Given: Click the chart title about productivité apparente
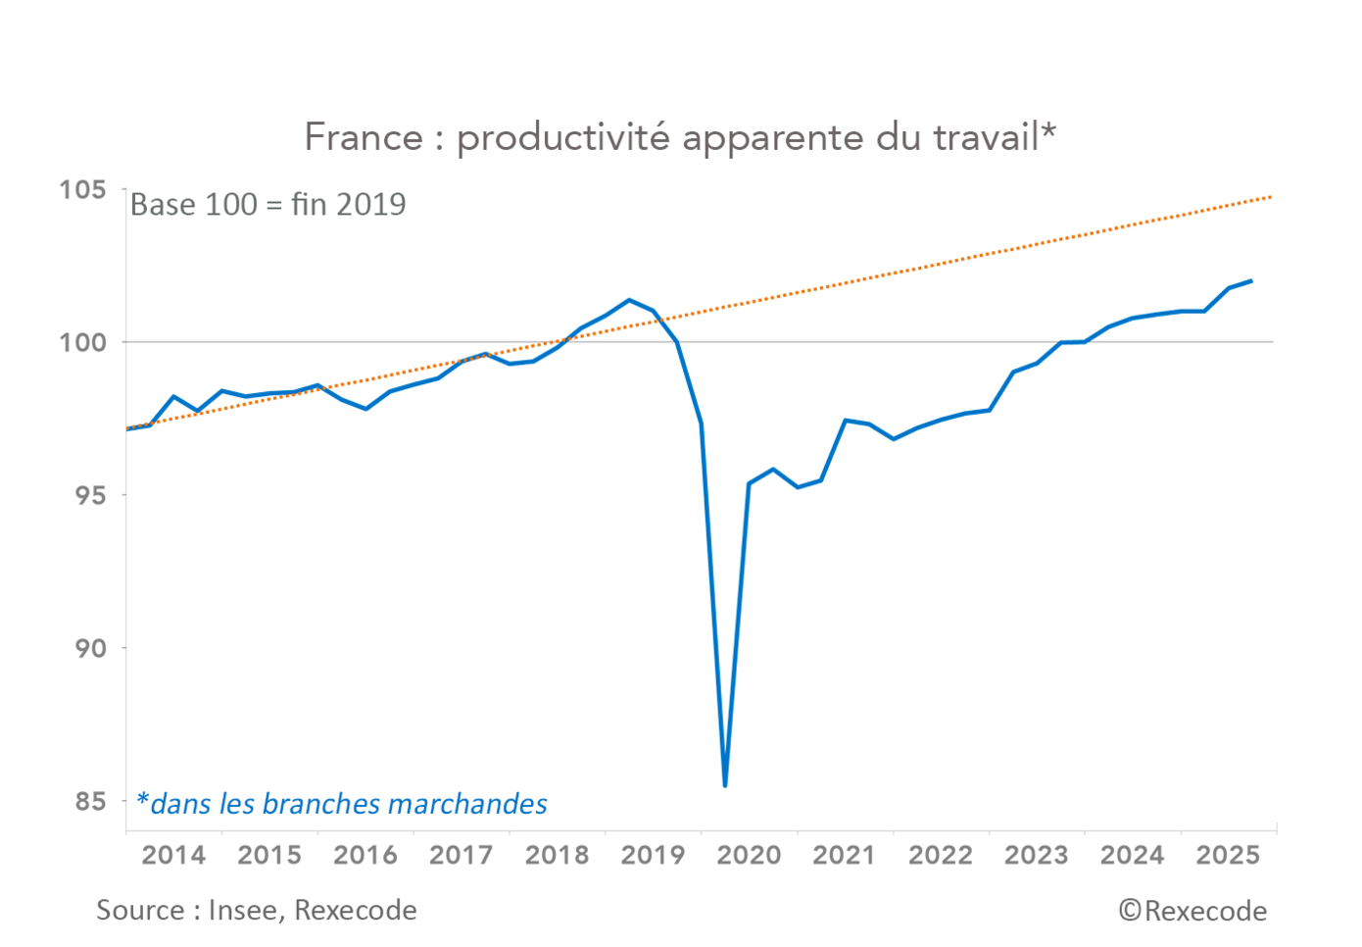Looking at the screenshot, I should click(x=680, y=137).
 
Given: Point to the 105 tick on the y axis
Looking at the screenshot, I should click(x=82, y=189).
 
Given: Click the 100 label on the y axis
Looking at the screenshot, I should click(x=82, y=342).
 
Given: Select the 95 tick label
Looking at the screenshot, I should click(x=89, y=495).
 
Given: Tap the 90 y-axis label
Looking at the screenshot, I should click(x=89, y=648).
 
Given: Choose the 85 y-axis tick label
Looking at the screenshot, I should click(x=89, y=802).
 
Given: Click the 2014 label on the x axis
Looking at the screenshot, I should click(x=173, y=855).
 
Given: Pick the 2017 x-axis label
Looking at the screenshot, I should click(x=461, y=855).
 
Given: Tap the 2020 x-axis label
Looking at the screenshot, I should click(x=749, y=855).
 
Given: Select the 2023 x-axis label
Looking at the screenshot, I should click(x=1036, y=855).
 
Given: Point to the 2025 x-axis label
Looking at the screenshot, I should click(x=1228, y=855).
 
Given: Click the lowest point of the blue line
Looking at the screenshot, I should click(x=725, y=785).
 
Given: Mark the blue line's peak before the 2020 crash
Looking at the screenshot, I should click(x=629, y=300).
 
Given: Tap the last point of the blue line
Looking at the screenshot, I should click(x=1251, y=281).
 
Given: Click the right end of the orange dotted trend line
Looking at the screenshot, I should click(x=1271, y=197).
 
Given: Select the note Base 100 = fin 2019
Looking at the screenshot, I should click(x=268, y=204).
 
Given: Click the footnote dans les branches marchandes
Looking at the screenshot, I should click(x=342, y=804).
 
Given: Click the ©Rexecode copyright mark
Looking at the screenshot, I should click(x=1192, y=911).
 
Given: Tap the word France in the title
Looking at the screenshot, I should click(x=364, y=137).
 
